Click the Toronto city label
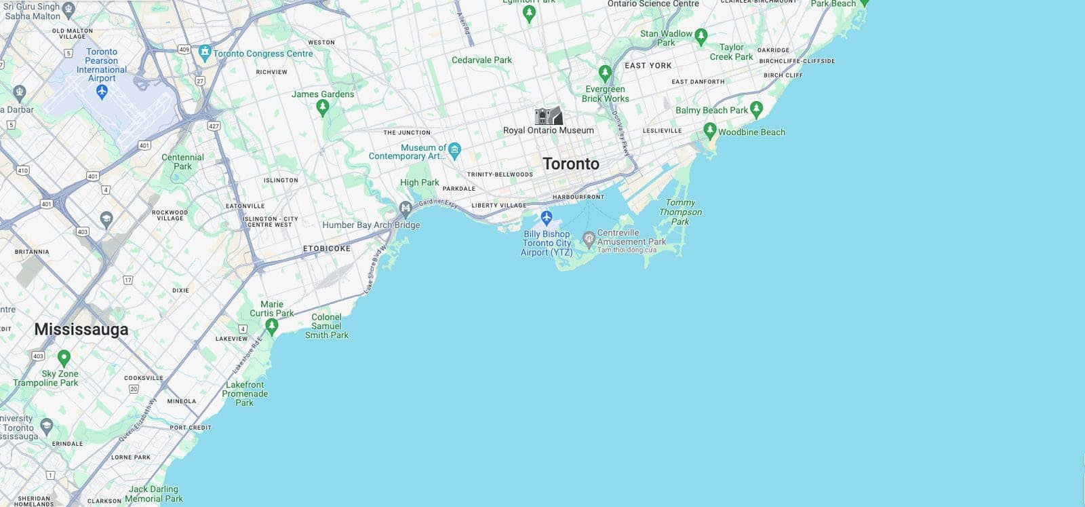(571, 164)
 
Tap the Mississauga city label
(81, 329)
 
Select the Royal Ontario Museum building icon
(548, 116)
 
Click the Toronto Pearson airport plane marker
(102, 91)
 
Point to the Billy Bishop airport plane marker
(547, 218)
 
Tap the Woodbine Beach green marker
(709, 130)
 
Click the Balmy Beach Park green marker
(757, 109)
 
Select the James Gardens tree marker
(323, 107)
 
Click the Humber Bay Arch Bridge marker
(406, 208)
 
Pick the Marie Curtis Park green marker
(272, 326)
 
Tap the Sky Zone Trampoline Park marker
(64, 357)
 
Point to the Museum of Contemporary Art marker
(454, 149)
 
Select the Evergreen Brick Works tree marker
(605, 73)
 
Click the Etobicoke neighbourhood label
(327, 249)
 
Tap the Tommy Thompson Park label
(680, 212)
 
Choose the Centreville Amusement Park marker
(589, 238)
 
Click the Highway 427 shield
(214, 126)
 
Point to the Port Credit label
(191, 428)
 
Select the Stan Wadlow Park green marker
(701, 36)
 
